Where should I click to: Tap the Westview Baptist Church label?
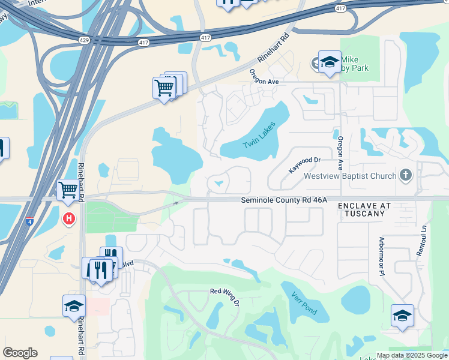pos(350,176)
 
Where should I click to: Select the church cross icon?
pos(406,175)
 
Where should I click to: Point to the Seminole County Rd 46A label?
pos(284,200)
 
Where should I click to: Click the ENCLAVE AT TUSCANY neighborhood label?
pos(364,209)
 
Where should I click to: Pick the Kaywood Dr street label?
pos(305,165)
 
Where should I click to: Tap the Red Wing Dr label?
pos(224,295)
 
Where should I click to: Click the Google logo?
pos(20,353)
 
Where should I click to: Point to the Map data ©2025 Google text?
pos(411,355)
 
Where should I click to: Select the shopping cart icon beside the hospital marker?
pos(68,190)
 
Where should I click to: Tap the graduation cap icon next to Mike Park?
pos(329,62)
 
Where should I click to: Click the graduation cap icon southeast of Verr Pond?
pos(402,316)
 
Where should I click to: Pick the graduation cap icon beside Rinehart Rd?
pos(74,305)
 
